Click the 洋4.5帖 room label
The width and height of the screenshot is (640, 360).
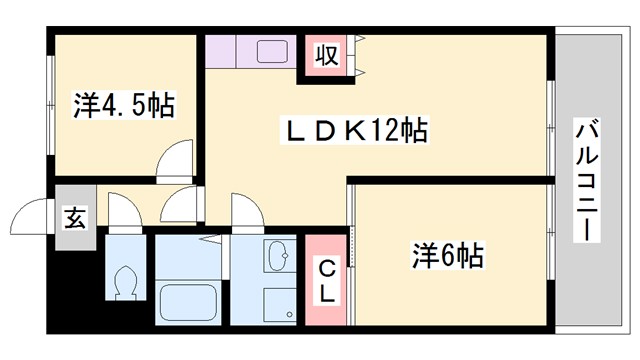click(x=124, y=104)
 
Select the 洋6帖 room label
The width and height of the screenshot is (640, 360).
click(x=447, y=256)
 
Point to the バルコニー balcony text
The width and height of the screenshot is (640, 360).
click(x=587, y=181)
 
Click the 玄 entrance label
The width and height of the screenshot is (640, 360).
click(x=75, y=216)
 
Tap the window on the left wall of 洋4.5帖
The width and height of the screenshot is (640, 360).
click(x=49, y=109)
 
